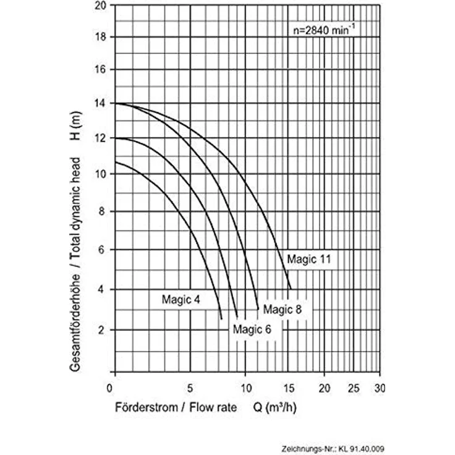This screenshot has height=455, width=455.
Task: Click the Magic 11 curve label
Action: click(308, 259)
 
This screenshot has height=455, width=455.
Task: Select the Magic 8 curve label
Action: click(283, 309)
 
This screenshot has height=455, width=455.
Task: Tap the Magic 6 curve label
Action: click(252, 330)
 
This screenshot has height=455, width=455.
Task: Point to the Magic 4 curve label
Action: click(181, 299)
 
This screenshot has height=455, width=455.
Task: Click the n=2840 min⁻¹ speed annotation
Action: click(324, 30)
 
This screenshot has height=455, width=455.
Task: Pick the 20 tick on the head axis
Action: click(100, 6)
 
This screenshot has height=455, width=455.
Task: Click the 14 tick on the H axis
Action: click(100, 103)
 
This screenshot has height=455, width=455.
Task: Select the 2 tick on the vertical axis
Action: click(101, 330)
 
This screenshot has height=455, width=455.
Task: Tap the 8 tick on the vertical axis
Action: click(101, 211)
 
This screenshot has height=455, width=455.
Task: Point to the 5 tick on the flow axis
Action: click(190, 388)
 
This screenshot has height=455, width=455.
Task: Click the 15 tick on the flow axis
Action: click(289, 388)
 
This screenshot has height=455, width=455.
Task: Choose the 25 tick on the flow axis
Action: click(354, 388)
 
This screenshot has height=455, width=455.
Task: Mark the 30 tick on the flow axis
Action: click(380, 388)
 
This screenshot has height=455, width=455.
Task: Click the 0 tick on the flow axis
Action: click(109, 388)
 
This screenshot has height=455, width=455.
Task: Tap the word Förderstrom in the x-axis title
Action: click(147, 407)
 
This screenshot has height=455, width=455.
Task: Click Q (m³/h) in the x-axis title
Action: click(275, 407)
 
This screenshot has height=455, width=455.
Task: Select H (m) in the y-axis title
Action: click(75, 126)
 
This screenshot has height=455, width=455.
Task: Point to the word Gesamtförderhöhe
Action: click(75, 323)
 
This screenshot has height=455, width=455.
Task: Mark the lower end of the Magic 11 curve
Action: click(291, 289)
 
